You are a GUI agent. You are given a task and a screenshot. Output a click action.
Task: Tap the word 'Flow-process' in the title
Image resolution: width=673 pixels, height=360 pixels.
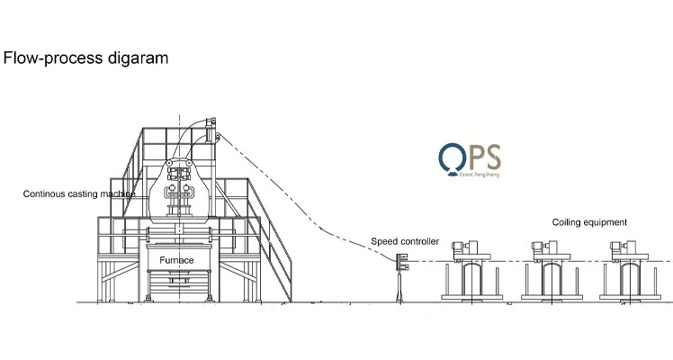(x=57, y=58)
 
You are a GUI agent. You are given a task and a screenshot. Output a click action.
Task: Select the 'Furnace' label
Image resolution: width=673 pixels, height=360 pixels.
(x=177, y=259)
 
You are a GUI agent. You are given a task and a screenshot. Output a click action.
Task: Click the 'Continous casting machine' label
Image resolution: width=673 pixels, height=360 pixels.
(x=79, y=193)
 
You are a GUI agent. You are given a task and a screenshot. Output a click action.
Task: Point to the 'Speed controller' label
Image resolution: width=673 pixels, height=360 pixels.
(x=405, y=241)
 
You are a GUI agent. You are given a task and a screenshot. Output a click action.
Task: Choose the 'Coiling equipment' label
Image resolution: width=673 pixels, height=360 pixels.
(x=589, y=222)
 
